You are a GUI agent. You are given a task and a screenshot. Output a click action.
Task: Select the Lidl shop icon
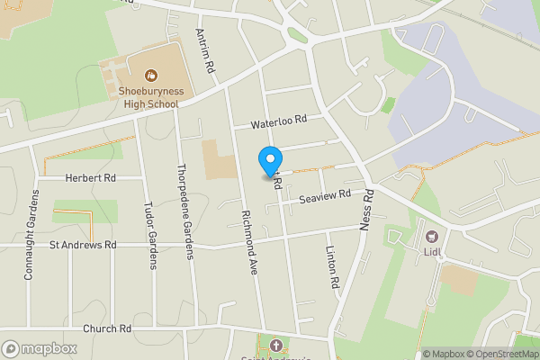point(432,238)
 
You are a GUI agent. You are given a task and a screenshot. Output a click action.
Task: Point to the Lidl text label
point(434,253)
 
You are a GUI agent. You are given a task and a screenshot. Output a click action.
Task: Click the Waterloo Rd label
point(279,120)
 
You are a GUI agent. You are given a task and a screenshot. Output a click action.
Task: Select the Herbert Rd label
point(91,178)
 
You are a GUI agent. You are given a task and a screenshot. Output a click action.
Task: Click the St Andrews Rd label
point(83,244)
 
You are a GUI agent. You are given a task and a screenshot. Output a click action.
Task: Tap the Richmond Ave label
point(249,238)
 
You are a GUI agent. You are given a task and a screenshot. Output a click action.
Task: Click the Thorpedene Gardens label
point(185,211)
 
